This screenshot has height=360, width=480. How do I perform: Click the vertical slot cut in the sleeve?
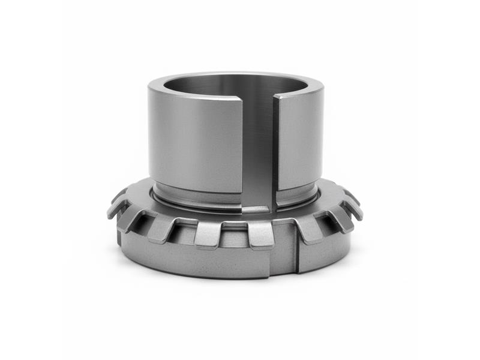pos(259,150)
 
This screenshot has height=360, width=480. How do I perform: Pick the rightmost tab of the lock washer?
pos(354,207)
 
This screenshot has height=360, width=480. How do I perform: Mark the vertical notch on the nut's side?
pos(296,255)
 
